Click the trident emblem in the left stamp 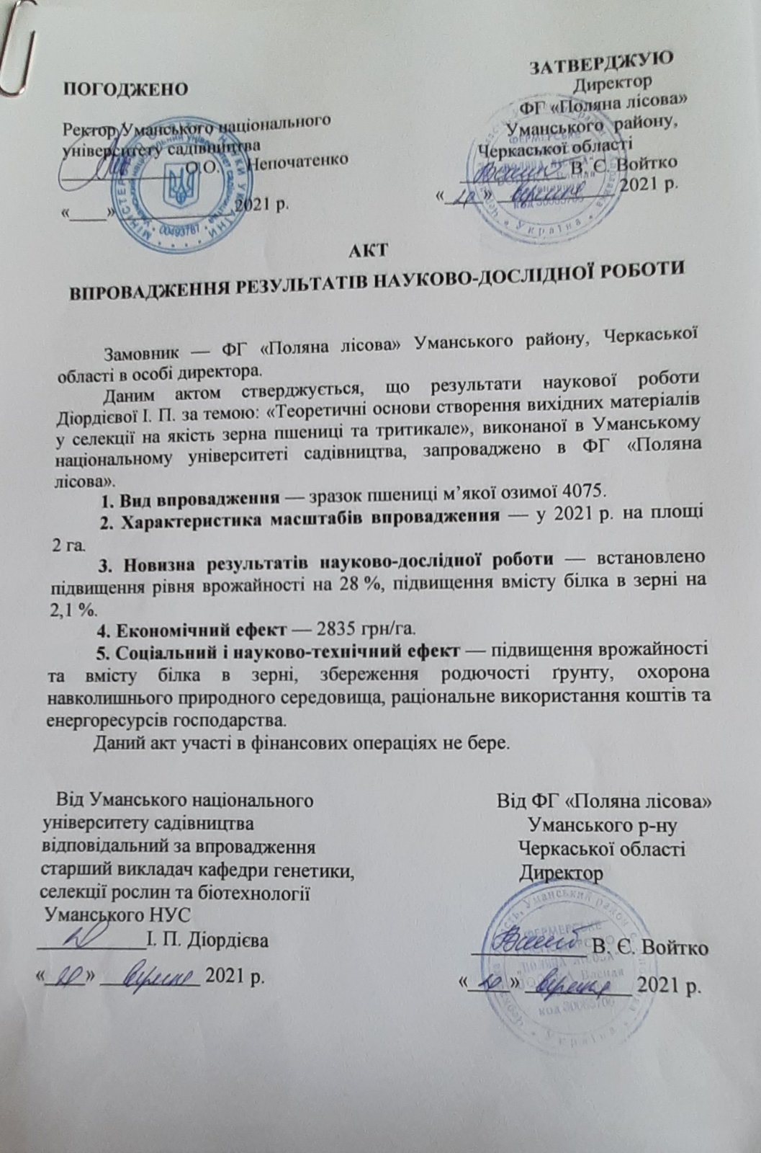click(175, 185)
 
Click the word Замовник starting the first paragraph click(142, 355)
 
